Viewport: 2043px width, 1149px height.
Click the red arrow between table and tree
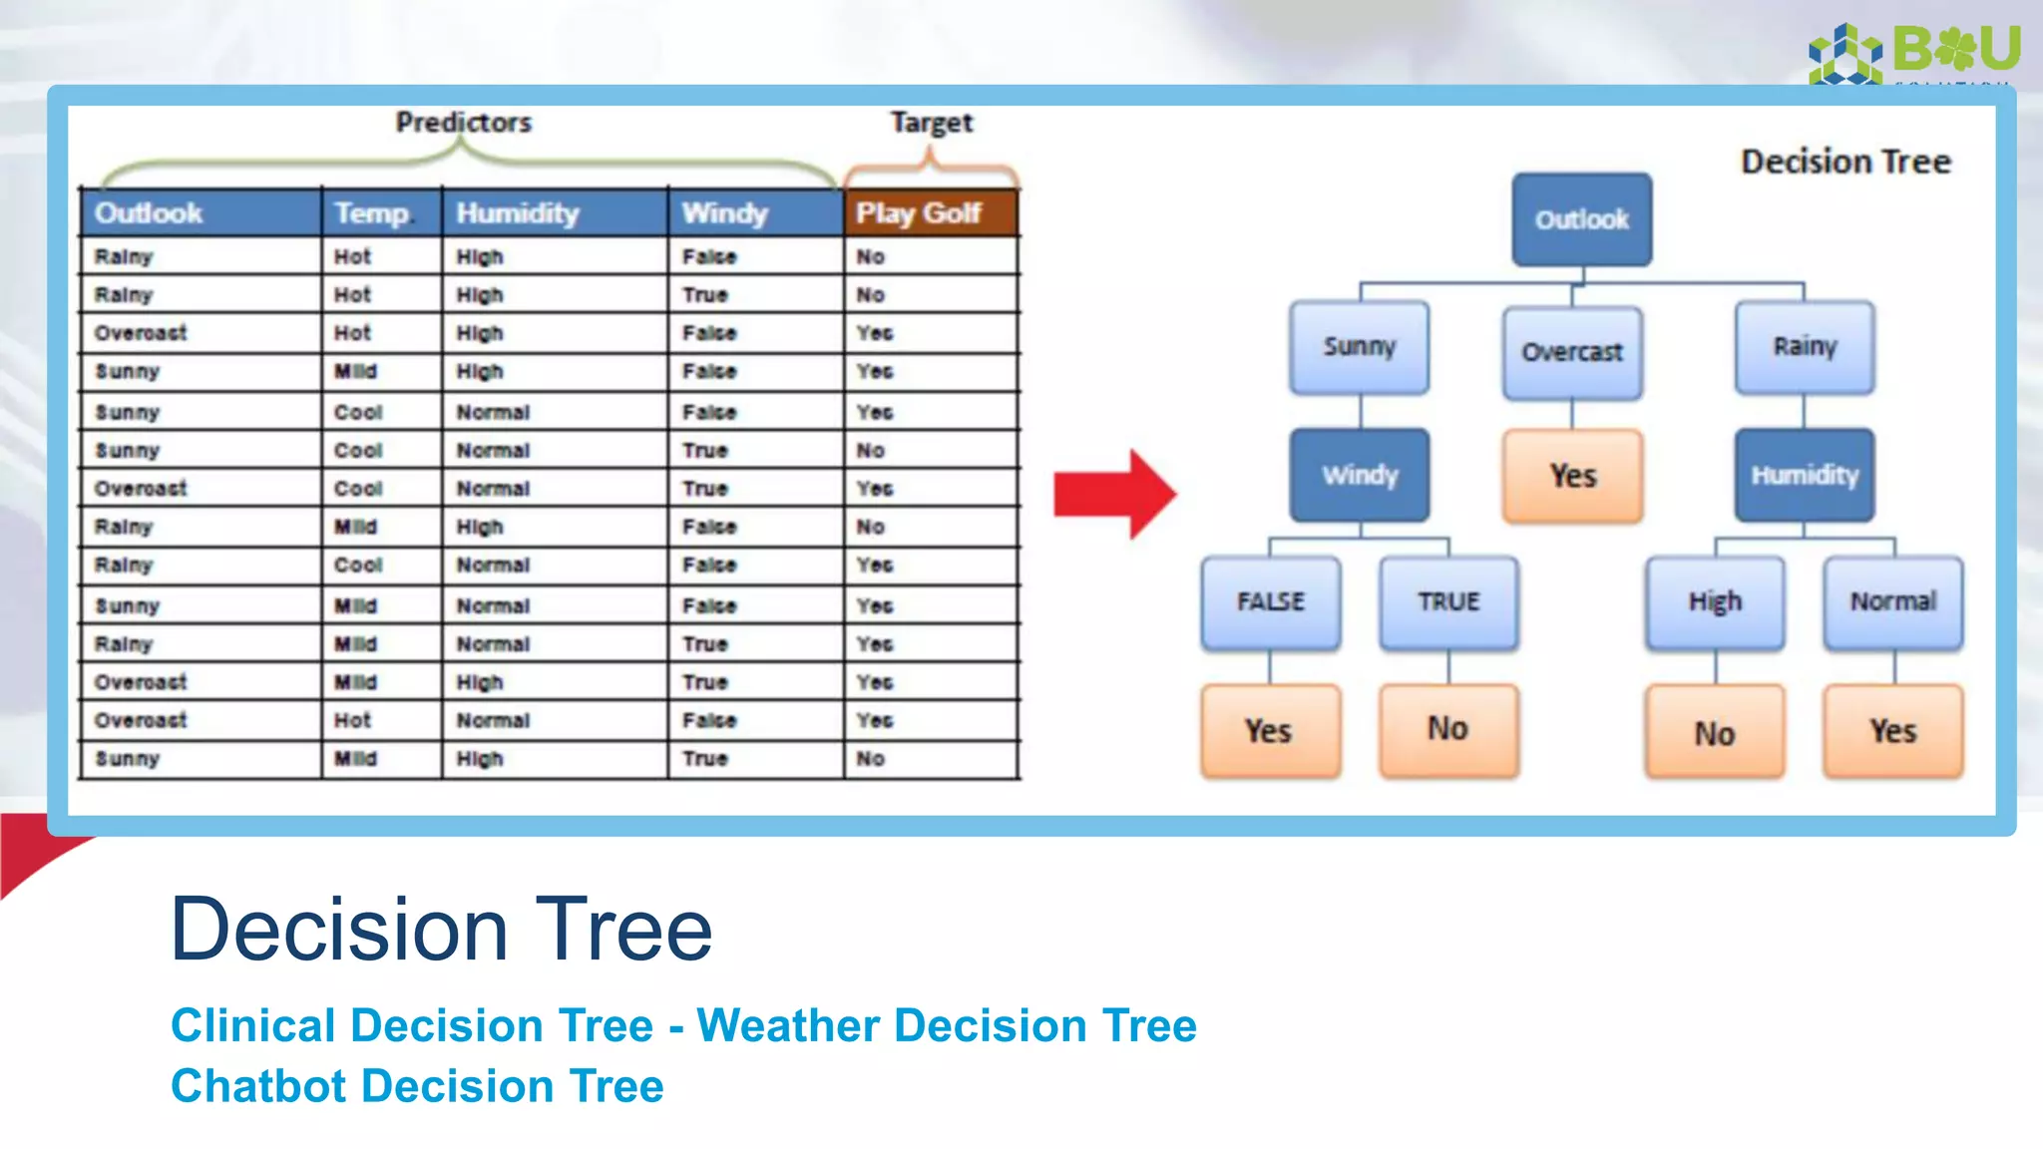coord(1114,494)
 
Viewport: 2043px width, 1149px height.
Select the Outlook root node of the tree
coord(1581,219)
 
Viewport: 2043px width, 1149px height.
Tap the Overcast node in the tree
coord(1572,352)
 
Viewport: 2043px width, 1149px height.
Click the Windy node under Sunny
coord(1360,475)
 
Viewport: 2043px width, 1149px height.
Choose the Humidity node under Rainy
coord(1804,475)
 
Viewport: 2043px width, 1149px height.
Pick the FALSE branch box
coord(1271,601)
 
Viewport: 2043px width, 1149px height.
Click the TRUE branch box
coord(1448,601)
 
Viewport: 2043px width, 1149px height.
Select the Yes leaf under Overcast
coord(1572,476)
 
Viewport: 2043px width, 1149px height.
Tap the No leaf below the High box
coord(1714,732)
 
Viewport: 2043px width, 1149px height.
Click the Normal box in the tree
coord(1892,601)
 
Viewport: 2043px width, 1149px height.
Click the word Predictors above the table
coord(464,123)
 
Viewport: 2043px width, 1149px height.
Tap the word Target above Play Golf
coord(931,123)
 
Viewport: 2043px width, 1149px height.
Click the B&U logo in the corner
coord(1915,52)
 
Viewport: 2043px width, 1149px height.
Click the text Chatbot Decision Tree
coord(417,1086)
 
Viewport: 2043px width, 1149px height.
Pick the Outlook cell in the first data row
coord(124,257)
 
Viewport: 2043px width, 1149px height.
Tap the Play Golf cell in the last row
coord(871,759)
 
